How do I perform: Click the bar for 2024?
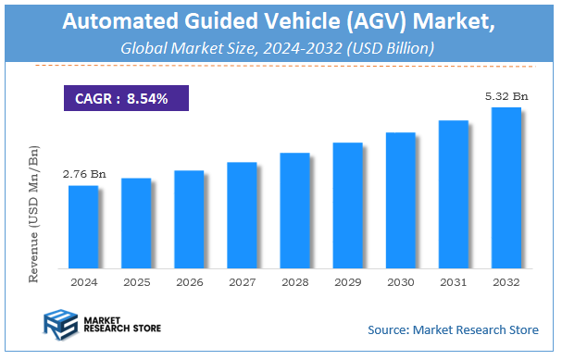[83, 226]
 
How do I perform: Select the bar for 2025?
[136, 222]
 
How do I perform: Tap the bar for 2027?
[242, 214]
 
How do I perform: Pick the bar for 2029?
[347, 205]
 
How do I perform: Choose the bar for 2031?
[453, 193]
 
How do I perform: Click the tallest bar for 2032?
[506, 187]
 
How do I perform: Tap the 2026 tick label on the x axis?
[189, 281]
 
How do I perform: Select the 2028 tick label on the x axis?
[294, 281]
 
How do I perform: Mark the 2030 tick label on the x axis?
[400, 281]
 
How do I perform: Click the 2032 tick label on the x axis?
[506, 281]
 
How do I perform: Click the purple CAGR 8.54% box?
[126, 98]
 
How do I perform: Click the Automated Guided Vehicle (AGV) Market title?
[281, 23]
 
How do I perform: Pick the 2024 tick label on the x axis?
[83, 281]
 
